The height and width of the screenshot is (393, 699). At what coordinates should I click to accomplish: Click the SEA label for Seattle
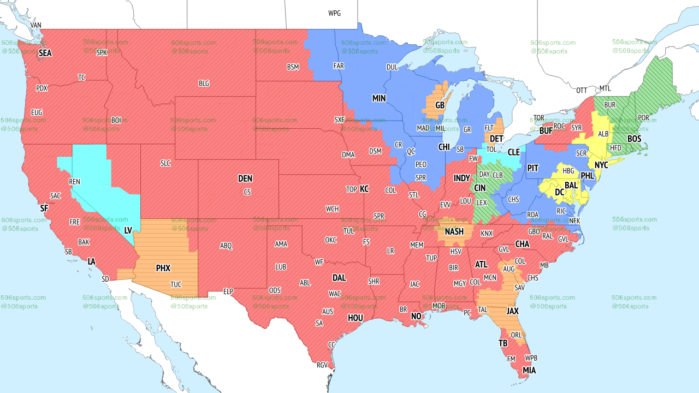pos(45,53)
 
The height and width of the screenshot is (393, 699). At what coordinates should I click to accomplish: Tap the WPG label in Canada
pos(334,13)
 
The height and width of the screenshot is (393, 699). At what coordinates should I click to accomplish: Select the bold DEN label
pos(245,178)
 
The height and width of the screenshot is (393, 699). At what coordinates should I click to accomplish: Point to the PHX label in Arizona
pos(163,268)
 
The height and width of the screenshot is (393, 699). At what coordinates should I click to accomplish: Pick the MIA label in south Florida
pos(529,371)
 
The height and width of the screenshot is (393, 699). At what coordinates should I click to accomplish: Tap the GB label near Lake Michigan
pos(440,105)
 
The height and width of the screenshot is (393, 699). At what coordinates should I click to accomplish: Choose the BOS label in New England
pos(634,139)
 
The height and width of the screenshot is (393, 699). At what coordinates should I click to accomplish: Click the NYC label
pos(601,165)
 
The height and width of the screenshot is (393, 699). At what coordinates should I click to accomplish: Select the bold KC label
pos(364,189)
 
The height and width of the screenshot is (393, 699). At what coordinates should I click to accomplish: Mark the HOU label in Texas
pos(355,318)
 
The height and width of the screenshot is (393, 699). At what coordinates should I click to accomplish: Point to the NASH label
pos(454,231)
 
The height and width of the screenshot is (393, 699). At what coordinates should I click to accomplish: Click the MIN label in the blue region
pos(379,98)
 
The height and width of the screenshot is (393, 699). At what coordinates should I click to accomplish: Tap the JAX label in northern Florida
pos(512,311)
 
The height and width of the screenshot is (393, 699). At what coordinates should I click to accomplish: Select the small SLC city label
pos(165,163)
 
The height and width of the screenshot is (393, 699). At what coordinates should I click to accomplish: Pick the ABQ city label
pos(226,246)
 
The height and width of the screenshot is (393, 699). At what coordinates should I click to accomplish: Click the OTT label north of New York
pos(582,90)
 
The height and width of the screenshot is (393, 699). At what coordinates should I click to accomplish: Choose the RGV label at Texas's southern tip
pos(322,366)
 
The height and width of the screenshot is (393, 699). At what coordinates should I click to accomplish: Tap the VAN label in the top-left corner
pos(36,25)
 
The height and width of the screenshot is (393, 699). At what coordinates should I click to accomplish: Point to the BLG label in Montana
pos(204,84)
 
